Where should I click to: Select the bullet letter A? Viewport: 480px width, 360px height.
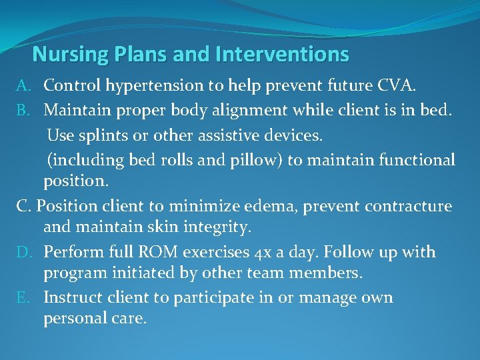[x=23, y=85]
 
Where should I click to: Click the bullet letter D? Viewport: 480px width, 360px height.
[x=23, y=252]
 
